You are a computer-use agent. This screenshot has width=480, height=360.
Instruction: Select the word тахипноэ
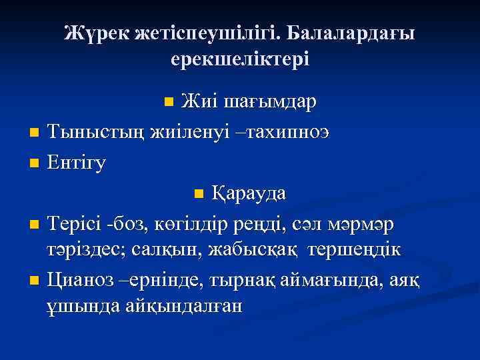click(293, 131)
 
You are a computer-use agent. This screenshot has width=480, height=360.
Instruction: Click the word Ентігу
click(77, 162)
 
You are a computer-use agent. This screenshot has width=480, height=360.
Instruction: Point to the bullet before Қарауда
click(198, 195)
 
